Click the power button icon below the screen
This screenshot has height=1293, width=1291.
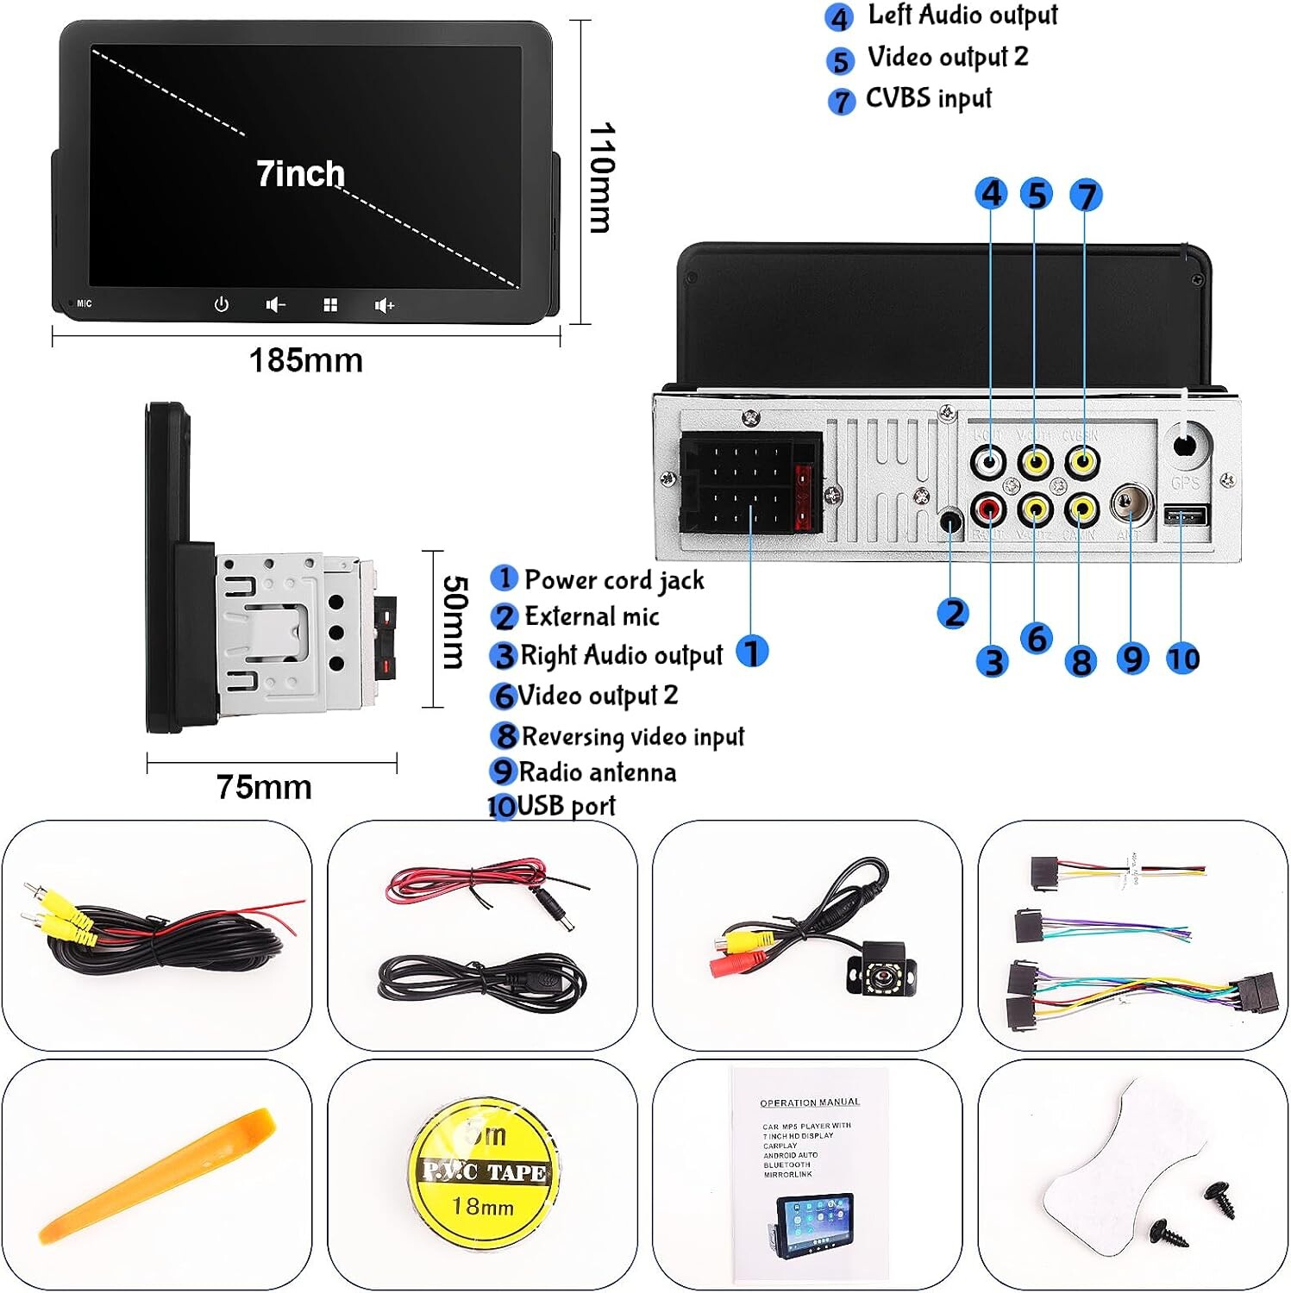(222, 304)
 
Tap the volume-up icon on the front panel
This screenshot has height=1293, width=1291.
(384, 305)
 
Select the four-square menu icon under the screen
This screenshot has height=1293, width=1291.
(330, 305)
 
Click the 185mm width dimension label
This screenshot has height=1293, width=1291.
(306, 360)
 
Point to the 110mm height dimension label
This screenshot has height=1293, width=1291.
(602, 178)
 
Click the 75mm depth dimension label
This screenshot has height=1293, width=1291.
(264, 787)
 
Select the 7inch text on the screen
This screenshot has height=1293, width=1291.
(300, 174)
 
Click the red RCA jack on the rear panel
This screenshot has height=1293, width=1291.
(988, 509)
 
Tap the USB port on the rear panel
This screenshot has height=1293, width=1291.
(1187, 516)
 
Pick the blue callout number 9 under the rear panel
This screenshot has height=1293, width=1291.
(1132, 659)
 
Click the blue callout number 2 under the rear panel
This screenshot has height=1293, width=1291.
(953, 613)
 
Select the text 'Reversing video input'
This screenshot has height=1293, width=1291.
(632, 736)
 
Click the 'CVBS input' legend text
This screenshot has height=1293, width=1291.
(928, 98)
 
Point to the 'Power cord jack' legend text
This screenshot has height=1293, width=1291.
(614, 580)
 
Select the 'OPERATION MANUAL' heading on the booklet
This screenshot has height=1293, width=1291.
(809, 1102)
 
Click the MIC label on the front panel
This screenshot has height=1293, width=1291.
(84, 303)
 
